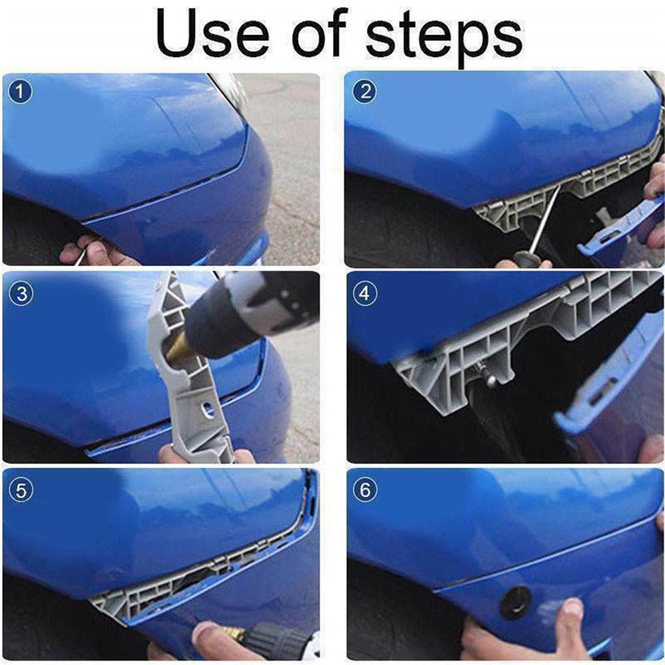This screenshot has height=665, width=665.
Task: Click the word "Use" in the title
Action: pos(213,33)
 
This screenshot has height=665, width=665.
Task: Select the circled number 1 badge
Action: pos(21,92)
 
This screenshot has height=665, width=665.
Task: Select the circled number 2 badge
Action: pos(364,92)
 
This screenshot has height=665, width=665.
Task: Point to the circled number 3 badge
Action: pos(21,293)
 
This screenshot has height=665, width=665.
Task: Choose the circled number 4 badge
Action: pos(364,293)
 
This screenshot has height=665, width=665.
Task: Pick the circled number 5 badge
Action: pos(21,491)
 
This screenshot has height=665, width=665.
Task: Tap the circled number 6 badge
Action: pos(364,491)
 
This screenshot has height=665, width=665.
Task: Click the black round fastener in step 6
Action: pos(515,602)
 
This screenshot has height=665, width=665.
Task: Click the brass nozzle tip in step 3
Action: pos(176,348)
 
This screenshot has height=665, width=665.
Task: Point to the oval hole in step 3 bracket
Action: pos(207,409)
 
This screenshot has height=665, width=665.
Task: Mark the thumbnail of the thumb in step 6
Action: pos(573,607)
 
